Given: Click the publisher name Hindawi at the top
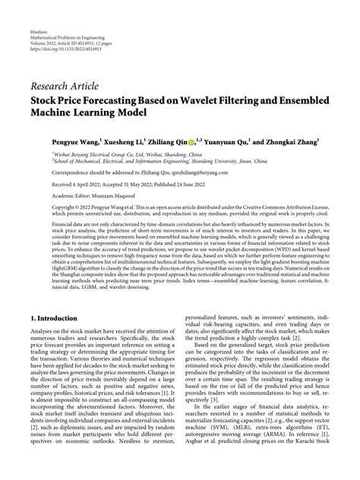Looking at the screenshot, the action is click(x=40, y=34).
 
